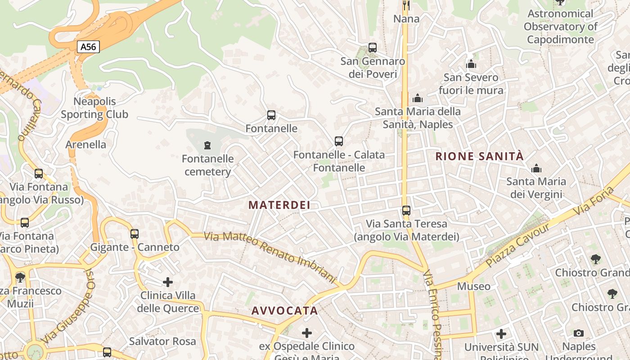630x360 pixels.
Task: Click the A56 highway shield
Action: (88, 47)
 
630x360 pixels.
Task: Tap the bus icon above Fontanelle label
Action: (271, 115)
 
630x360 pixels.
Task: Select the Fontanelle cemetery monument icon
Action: (207, 145)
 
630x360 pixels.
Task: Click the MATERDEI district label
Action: (279, 205)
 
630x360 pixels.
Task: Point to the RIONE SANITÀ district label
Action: (480, 157)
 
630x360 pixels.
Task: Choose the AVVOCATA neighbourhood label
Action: (284, 311)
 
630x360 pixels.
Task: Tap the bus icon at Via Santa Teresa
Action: (406, 211)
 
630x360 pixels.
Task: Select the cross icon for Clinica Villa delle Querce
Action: (168, 282)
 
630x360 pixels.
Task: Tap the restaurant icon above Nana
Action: (406, 5)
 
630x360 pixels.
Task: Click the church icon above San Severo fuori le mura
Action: (471, 64)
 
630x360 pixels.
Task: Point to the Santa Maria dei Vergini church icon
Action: (536, 169)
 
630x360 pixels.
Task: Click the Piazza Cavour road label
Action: (517, 245)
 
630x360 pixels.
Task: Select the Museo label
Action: (474, 286)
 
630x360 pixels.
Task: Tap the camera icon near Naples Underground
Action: (579, 333)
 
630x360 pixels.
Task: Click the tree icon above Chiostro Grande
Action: (595, 259)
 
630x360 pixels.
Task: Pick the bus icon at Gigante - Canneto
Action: (135, 234)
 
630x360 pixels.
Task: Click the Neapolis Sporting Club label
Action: (94, 108)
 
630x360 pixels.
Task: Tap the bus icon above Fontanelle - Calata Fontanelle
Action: (339, 141)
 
